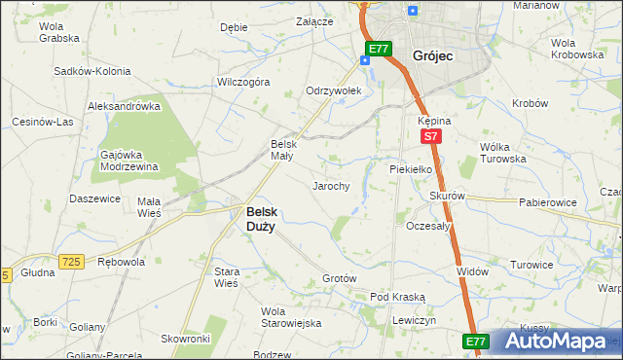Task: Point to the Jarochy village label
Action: [x=330, y=185]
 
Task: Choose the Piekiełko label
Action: [x=410, y=168]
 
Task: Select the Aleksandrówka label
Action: [x=124, y=106]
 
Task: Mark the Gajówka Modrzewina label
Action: [x=128, y=161]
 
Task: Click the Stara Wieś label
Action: [x=226, y=277]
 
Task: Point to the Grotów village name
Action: [x=340, y=278]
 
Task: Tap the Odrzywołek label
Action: [x=334, y=90]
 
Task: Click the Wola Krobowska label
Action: [x=577, y=49]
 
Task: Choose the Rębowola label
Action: [x=122, y=262]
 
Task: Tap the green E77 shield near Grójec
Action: [x=379, y=48]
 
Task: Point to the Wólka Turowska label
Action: [x=503, y=153]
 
